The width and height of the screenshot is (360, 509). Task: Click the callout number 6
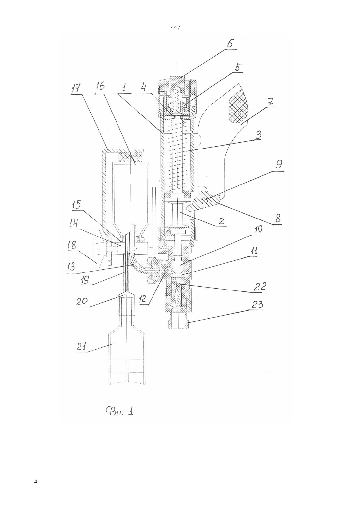click(x=230, y=43)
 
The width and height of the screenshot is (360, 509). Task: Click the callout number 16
click(x=100, y=86)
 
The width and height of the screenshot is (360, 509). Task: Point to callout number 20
click(x=82, y=301)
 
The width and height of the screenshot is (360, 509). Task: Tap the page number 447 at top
click(x=176, y=28)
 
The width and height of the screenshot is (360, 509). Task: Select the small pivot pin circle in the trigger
click(x=205, y=200)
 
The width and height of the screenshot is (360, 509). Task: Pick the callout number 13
click(x=72, y=267)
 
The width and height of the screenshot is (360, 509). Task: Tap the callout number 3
click(x=258, y=135)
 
